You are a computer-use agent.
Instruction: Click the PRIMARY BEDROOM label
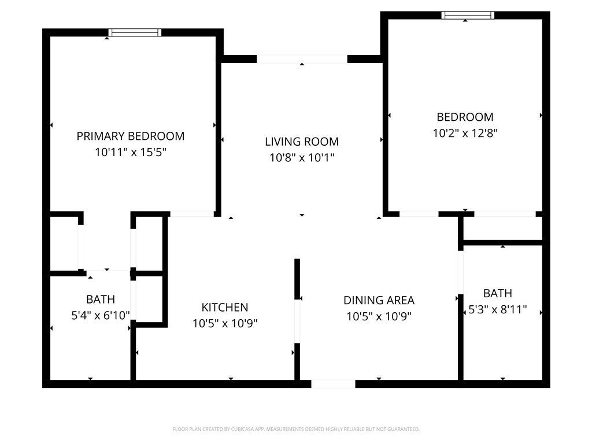point(131,136)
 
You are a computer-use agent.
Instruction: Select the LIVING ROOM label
point(302,142)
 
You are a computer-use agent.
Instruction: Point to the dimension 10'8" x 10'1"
point(302,157)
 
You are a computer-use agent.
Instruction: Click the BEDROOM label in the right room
point(465,117)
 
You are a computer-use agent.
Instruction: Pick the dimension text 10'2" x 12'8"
point(465,132)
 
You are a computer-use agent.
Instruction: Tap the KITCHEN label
point(225,308)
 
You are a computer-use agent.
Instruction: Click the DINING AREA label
point(379,300)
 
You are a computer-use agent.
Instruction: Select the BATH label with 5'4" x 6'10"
point(100,299)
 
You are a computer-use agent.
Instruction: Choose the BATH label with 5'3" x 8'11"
point(498,293)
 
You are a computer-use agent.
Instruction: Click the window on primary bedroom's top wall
point(135,33)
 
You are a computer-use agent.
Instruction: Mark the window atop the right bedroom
point(468,16)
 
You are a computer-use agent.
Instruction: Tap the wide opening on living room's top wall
point(302,59)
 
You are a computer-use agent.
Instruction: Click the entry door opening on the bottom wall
point(333,384)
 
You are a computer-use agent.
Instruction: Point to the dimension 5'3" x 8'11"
point(498,309)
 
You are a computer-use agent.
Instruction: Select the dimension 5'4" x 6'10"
point(100,315)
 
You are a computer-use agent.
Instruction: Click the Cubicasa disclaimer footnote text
point(296,429)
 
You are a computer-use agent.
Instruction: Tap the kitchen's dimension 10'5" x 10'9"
point(225,323)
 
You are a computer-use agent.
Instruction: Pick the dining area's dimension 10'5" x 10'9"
point(379,316)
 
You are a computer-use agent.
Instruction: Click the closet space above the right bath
point(502,228)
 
